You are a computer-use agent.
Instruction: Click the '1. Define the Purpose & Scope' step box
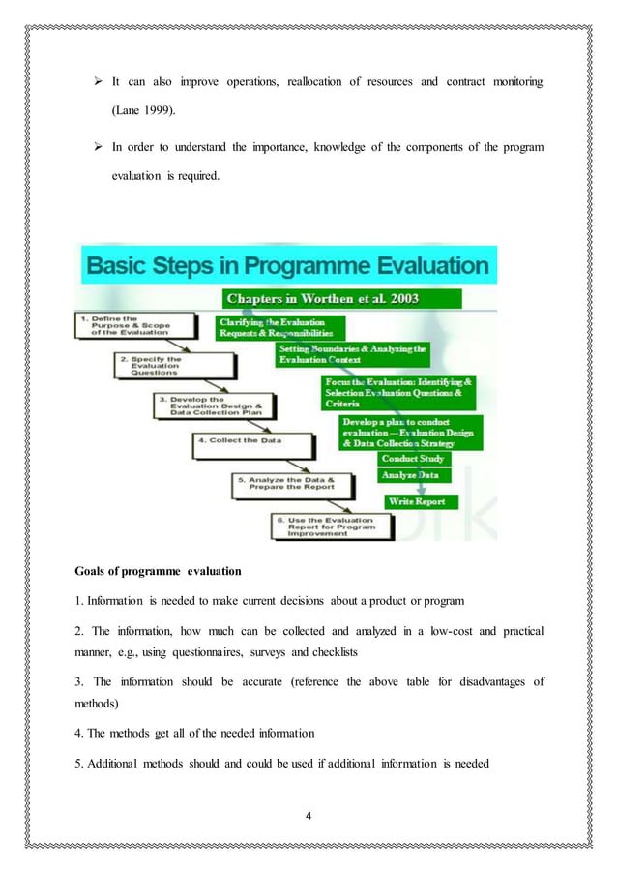(x=122, y=325)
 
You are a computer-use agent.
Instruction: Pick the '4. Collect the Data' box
(x=251, y=444)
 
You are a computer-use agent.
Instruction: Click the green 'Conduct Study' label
(x=413, y=459)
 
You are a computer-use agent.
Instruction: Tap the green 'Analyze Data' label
(x=410, y=476)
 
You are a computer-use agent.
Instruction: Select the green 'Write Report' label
(x=417, y=502)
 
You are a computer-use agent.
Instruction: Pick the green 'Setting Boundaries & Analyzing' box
(x=352, y=353)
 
